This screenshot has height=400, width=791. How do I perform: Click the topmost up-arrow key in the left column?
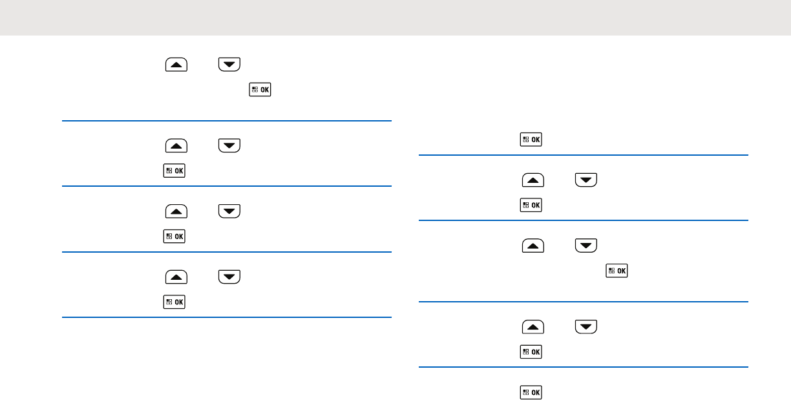tap(176, 64)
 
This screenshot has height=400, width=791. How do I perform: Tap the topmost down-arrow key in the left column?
tap(229, 64)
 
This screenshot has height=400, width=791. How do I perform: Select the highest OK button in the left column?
tap(260, 91)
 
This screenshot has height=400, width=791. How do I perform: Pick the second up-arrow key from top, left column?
tap(176, 145)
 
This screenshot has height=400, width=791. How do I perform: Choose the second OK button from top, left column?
tap(174, 171)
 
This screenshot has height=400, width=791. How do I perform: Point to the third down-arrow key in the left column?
tap(229, 211)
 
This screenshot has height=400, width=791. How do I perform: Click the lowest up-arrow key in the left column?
tap(176, 277)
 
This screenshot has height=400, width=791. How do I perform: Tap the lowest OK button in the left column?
tap(174, 302)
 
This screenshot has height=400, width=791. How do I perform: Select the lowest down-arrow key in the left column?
tap(229, 277)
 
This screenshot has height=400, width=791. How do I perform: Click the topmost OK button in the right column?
tap(531, 139)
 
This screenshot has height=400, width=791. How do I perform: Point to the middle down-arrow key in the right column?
tap(586, 246)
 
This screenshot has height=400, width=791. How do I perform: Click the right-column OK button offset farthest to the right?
tap(617, 271)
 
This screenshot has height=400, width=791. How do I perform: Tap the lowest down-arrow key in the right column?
tap(586, 327)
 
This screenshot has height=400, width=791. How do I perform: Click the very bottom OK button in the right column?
tap(531, 392)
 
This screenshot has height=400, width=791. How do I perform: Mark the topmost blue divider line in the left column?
tap(227, 121)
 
